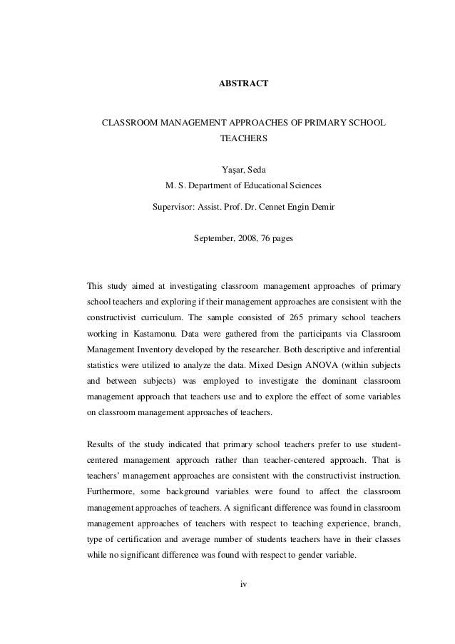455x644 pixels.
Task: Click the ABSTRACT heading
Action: (x=243, y=85)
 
